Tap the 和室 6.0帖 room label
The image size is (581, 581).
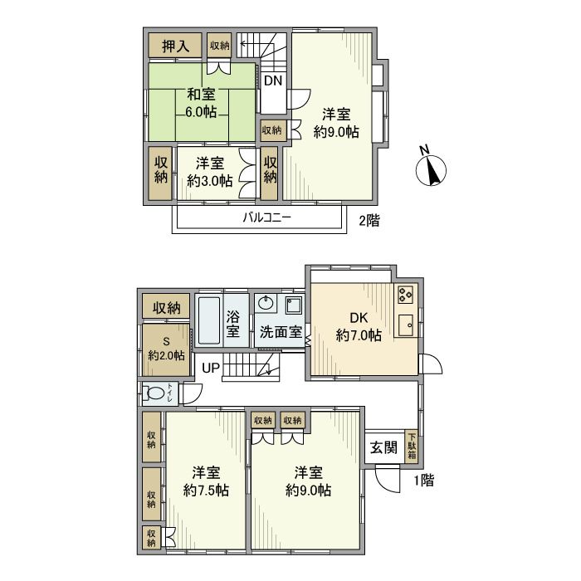[x=202, y=104]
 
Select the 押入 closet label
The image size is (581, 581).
[x=175, y=46]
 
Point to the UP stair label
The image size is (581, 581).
[x=211, y=368]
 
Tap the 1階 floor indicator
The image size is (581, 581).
[x=422, y=479]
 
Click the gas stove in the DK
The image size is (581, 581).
[x=405, y=294]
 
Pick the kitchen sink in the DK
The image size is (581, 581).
[x=405, y=325]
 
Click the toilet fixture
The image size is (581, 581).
[x=155, y=393]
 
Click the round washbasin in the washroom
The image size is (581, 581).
[x=266, y=301]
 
